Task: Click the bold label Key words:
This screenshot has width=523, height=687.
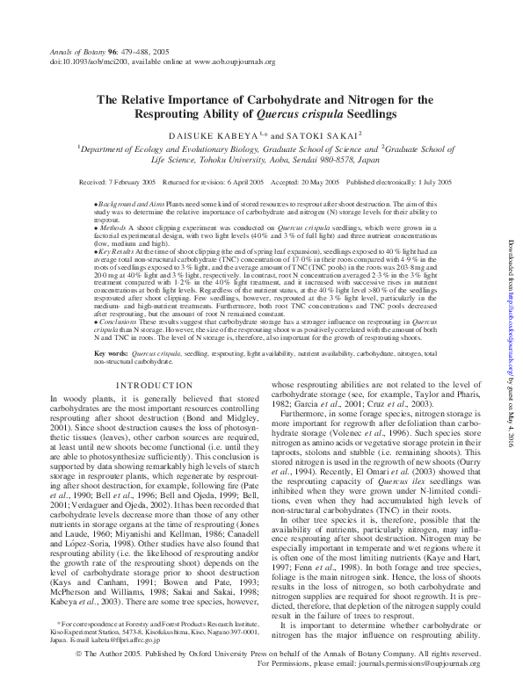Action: [x=114, y=353]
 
